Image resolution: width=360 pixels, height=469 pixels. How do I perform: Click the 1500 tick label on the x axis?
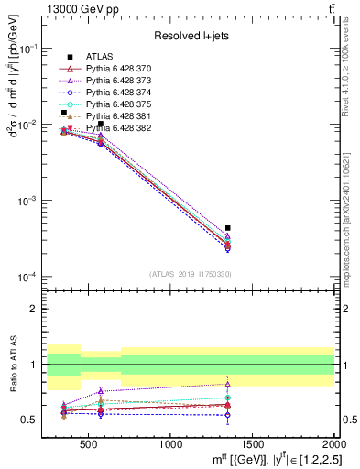point(253,445)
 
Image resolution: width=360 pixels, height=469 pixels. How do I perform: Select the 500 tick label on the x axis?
point(88,445)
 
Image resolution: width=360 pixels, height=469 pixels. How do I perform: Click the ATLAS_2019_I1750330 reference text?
point(190,274)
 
